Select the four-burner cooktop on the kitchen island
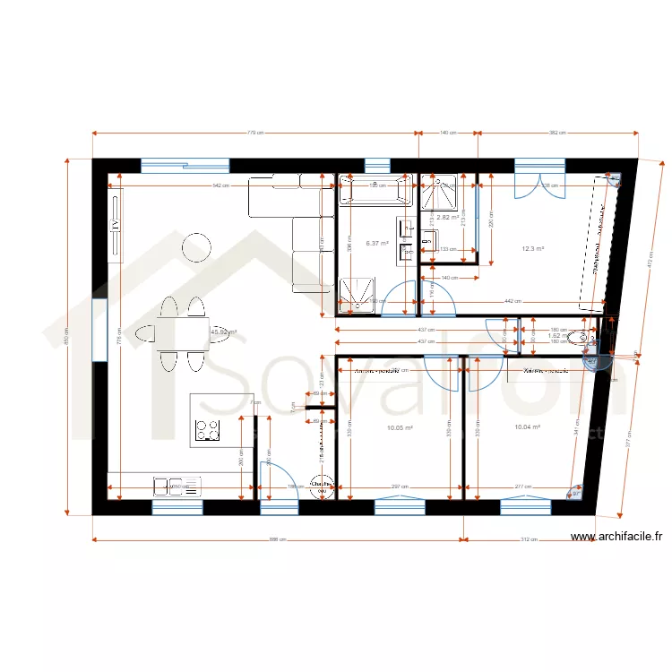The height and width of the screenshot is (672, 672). (x=208, y=430)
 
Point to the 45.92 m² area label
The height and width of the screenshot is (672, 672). (x=223, y=331)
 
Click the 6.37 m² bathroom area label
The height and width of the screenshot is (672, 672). (x=377, y=243)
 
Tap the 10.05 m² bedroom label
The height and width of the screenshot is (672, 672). (x=400, y=427)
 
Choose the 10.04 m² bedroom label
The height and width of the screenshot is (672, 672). (x=528, y=427)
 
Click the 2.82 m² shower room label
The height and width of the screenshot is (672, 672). (x=448, y=217)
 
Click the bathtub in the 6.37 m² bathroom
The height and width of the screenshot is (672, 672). (x=375, y=190)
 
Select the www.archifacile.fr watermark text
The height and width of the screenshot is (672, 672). (x=616, y=538)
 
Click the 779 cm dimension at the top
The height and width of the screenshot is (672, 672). (x=255, y=133)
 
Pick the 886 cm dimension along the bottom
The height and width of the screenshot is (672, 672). (x=277, y=540)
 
